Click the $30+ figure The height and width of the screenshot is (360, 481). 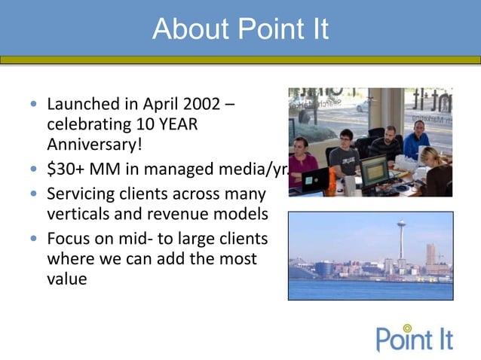[x=63, y=169]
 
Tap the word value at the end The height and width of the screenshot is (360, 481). [x=66, y=279]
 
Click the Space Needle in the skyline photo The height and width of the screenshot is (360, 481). [x=401, y=241]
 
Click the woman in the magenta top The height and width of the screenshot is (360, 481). [x=302, y=160]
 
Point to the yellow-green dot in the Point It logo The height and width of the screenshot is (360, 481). [x=407, y=328]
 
